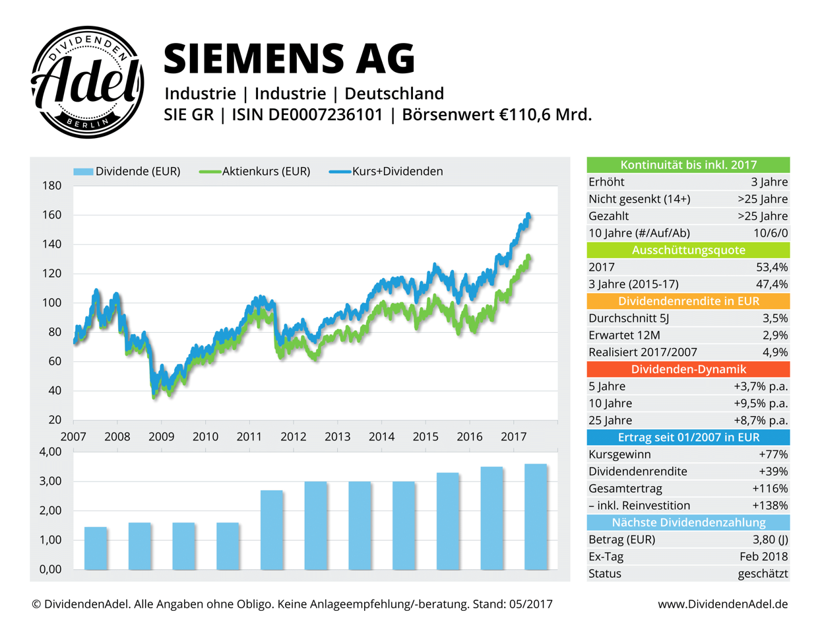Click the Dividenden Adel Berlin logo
(x=87, y=83)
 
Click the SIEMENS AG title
(x=289, y=58)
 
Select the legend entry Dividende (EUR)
(x=127, y=172)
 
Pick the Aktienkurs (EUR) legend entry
(x=255, y=172)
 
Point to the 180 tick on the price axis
(x=51, y=186)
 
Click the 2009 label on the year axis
(x=161, y=437)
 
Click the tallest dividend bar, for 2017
(x=536, y=516)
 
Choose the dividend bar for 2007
(x=96, y=548)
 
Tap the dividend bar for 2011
(x=272, y=530)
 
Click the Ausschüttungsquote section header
(x=688, y=250)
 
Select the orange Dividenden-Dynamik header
(x=688, y=370)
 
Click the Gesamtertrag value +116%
(x=770, y=489)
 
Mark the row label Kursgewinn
(x=619, y=454)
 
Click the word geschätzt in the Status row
(x=763, y=574)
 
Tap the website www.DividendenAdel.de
(x=722, y=604)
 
